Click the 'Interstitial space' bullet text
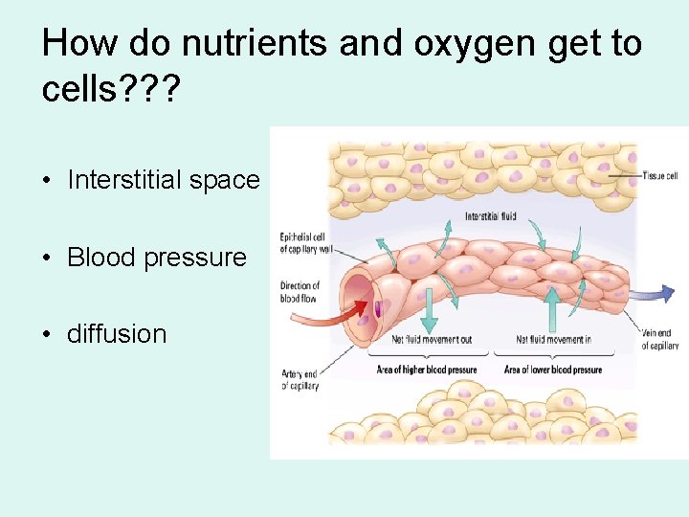click(x=164, y=180)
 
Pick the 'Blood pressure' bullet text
click(x=157, y=257)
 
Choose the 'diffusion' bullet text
click(x=117, y=333)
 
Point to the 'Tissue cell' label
click(x=660, y=176)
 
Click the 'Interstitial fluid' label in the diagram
click(x=491, y=216)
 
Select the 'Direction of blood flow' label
click(x=300, y=291)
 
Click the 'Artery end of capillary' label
click(x=299, y=380)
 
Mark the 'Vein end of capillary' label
click(x=660, y=339)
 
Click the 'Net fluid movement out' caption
click(x=418, y=339)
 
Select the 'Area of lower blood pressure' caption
click(x=553, y=370)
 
